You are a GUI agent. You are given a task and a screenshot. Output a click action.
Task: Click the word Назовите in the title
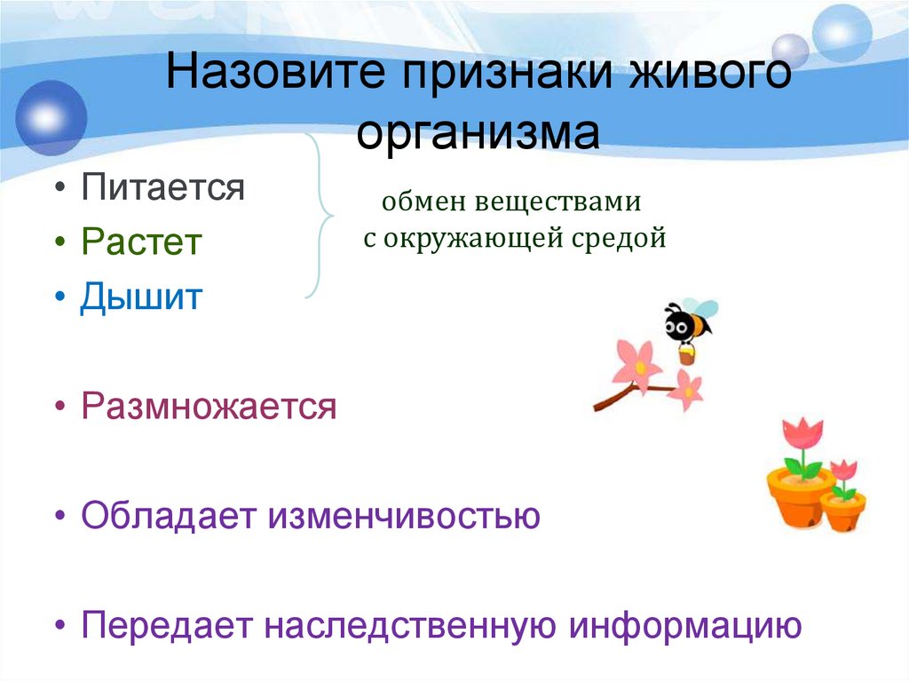point(278,74)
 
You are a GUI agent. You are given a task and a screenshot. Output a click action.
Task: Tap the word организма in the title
point(478,134)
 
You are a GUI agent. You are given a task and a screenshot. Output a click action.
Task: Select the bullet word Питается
point(162,187)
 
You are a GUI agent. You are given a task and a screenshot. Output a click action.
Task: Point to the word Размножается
point(209,407)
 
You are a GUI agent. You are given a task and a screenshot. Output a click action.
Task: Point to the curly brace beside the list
point(319,216)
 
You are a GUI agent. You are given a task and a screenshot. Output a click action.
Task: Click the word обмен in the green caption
point(416,202)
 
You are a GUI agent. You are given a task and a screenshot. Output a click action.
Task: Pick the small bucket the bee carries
point(686,355)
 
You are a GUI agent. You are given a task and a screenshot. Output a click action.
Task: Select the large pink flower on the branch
point(636,361)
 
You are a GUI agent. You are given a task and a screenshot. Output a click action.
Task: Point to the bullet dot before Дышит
point(59,297)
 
